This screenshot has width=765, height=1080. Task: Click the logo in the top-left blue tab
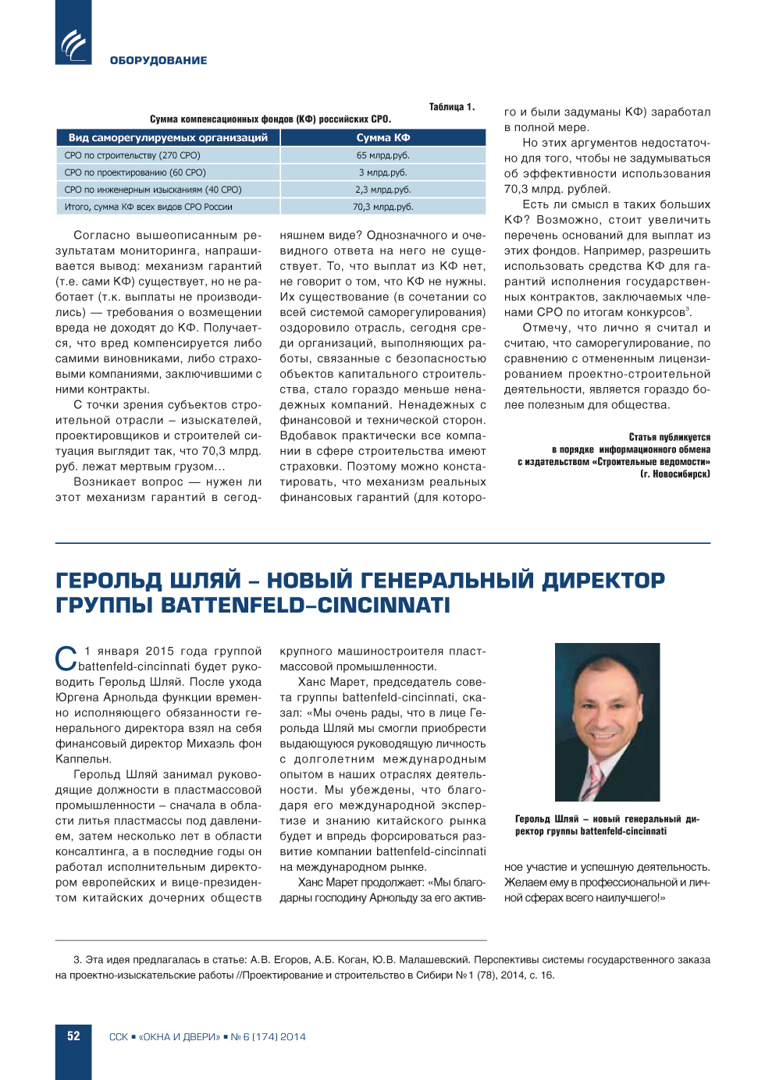click(x=74, y=44)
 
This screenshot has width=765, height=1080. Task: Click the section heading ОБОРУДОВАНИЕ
click(x=158, y=60)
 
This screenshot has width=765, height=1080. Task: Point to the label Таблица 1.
click(x=451, y=107)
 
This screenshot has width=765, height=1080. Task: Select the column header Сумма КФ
click(x=382, y=137)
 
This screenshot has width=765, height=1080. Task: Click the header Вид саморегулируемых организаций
click(x=168, y=137)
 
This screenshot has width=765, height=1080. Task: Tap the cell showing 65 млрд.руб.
click(x=382, y=155)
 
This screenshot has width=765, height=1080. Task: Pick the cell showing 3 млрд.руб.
click(x=382, y=172)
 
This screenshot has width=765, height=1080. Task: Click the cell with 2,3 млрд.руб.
click(x=382, y=190)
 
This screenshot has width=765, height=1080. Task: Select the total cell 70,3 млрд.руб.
click(x=382, y=207)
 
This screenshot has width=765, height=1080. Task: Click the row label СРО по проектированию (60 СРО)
click(x=135, y=172)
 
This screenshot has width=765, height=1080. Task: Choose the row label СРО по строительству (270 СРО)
click(x=132, y=155)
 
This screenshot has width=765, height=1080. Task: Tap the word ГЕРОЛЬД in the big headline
click(x=109, y=581)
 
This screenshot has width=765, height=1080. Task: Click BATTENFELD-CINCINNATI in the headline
click(x=305, y=606)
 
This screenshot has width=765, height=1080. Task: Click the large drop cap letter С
click(x=66, y=659)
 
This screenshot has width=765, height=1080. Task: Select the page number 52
click(x=73, y=1036)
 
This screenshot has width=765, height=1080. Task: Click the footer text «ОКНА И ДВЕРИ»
click(x=180, y=1037)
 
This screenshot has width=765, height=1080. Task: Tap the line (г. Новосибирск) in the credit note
click(x=674, y=474)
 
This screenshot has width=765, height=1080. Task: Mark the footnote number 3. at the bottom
click(x=77, y=960)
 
